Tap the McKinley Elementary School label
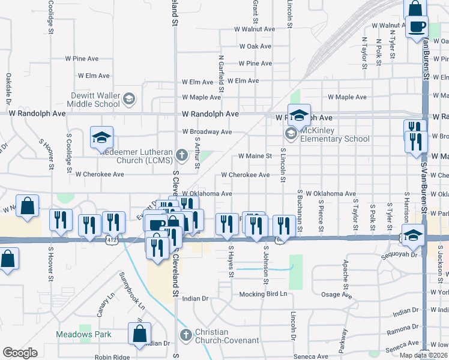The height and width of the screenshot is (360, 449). [335, 134]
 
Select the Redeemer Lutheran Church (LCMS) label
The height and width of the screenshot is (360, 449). [136, 155]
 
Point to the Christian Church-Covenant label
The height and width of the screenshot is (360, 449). [228, 337]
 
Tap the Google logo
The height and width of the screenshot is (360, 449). [20, 352]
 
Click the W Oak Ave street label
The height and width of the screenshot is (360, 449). [256, 46]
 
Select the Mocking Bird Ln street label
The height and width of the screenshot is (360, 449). [264, 294]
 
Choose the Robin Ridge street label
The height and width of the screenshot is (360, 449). [112, 356]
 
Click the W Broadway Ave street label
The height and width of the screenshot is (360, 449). [207, 131]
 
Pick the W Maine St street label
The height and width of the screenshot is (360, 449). [255, 156]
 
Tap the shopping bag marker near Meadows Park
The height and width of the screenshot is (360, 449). [139, 335]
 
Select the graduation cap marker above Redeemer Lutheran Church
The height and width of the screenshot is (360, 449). [101, 137]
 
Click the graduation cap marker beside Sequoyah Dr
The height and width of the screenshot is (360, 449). [413, 235]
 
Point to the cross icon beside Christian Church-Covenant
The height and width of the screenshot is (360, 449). [185, 334]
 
